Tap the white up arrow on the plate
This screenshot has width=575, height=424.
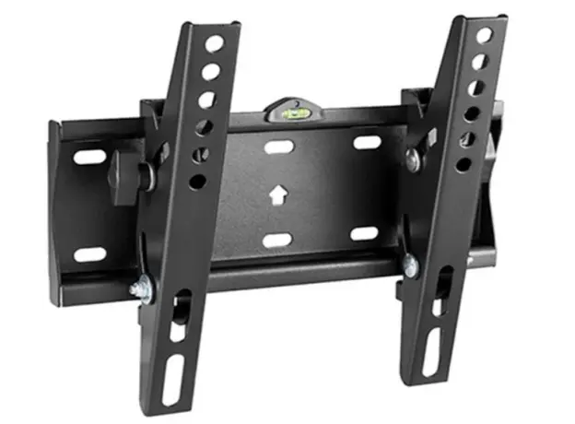276,195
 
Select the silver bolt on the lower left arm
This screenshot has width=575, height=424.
139,289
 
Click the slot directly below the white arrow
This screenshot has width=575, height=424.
276,241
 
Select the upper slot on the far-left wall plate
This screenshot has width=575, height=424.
90,157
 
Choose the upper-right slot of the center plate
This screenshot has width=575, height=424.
367,143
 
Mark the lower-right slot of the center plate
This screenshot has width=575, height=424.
364,233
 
